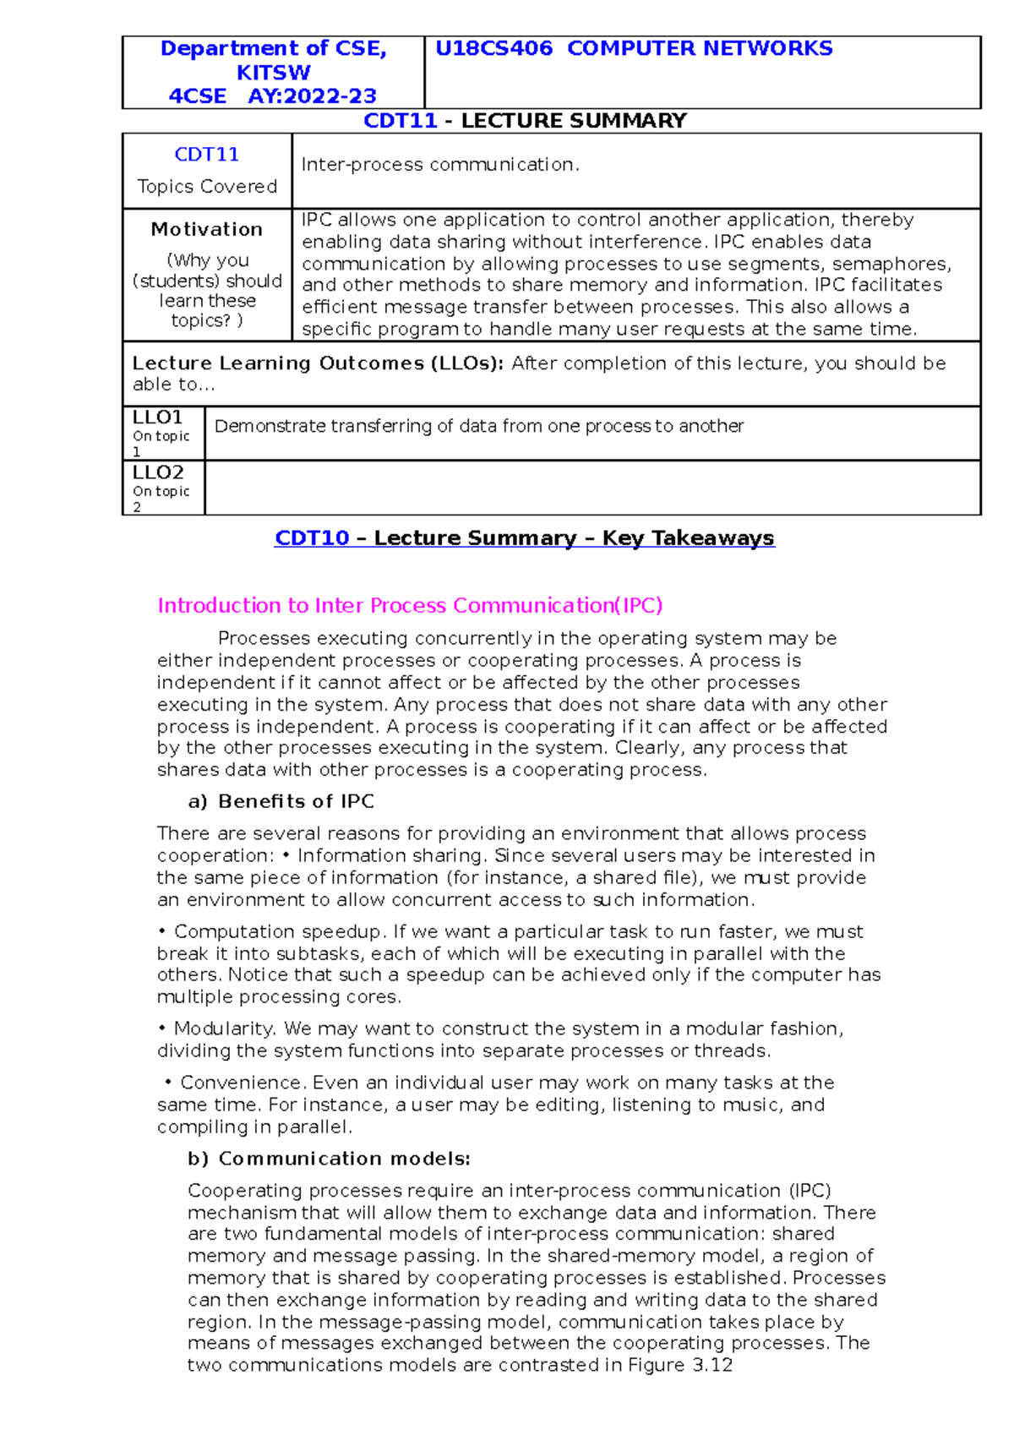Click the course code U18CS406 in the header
[x=493, y=48]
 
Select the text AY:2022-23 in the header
[x=312, y=95]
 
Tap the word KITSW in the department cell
[x=273, y=72]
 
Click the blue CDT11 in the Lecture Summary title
[x=400, y=121]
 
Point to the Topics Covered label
[x=207, y=186]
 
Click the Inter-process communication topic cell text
[x=440, y=164]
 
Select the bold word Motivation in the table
[x=207, y=229]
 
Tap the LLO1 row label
[x=158, y=417]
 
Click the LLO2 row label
[x=158, y=472]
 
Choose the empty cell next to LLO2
[x=591, y=488]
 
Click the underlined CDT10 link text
[x=312, y=538]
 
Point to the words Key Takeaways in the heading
[x=688, y=538]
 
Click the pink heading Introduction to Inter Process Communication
[x=410, y=605]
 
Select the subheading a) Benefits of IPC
[x=281, y=801]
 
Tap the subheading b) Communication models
[x=329, y=1159]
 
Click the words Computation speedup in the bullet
[x=280, y=931]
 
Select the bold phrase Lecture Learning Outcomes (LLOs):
[x=318, y=363]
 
